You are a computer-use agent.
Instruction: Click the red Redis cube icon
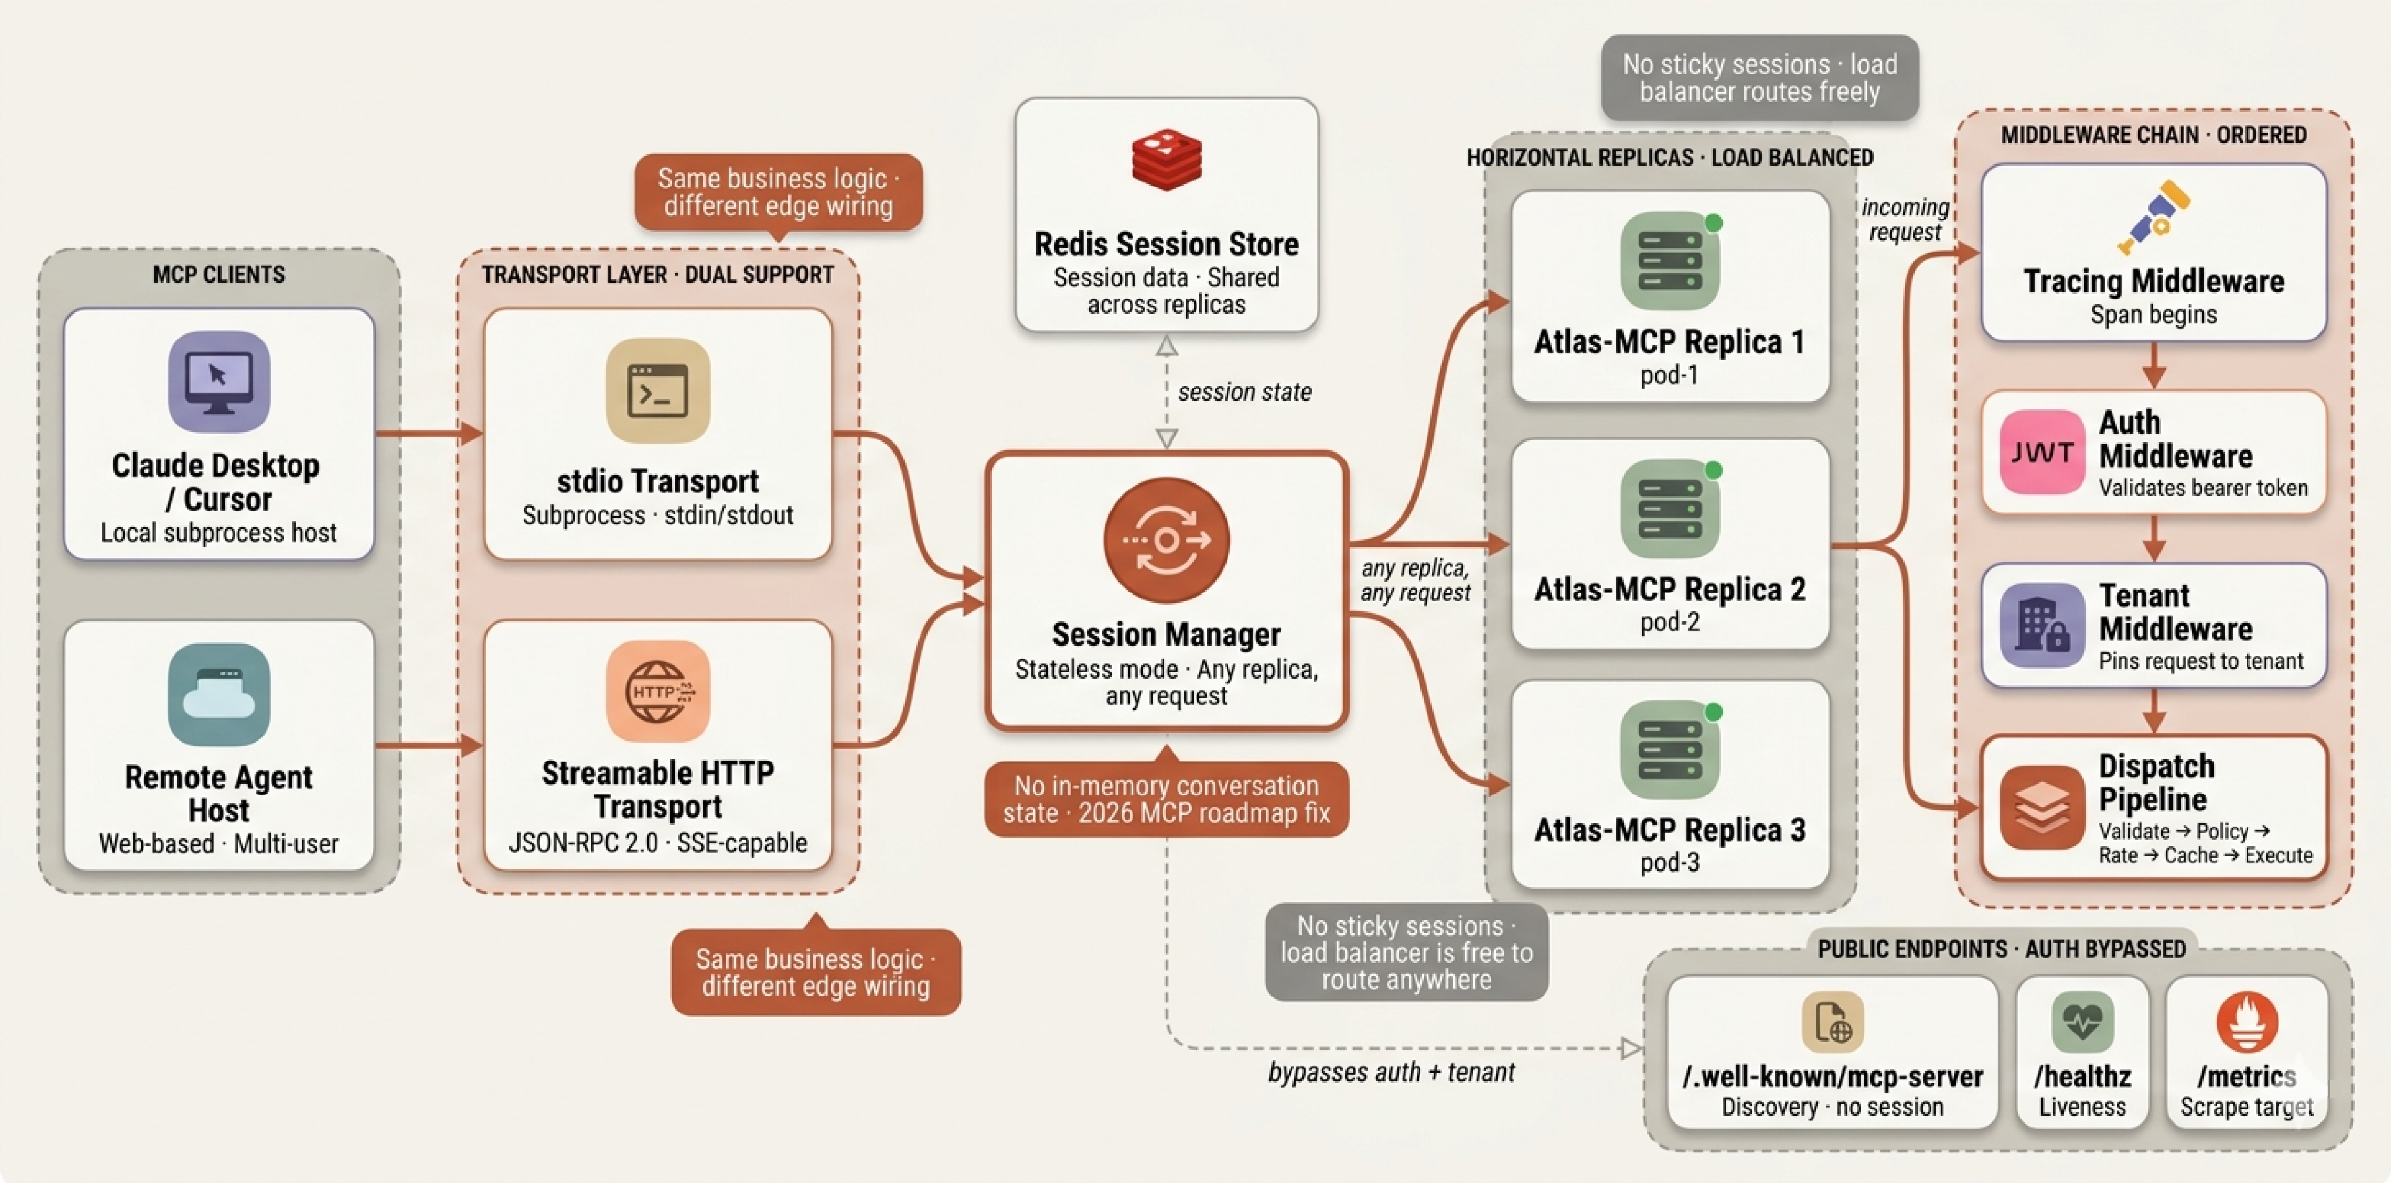coord(1166,160)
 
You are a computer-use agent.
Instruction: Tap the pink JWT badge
coord(2042,452)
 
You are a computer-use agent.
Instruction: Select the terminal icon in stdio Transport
coord(658,390)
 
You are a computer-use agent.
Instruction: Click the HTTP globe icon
coord(658,692)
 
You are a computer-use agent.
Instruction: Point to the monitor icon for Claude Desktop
coord(219,382)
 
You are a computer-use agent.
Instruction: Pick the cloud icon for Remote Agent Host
coord(219,694)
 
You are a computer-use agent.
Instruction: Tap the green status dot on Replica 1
coord(1713,223)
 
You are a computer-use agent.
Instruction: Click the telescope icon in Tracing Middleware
coord(2153,217)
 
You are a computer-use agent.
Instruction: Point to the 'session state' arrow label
coord(1245,392)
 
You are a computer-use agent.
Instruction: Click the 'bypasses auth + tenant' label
coord(1391,1073)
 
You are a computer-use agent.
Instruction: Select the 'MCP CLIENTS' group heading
coord(219,275)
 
